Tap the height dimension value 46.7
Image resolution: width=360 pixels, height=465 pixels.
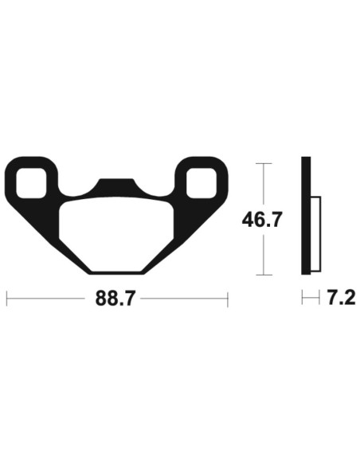(x=262, y=219)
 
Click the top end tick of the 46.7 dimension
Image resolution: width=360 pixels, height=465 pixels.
(x=262, y=163)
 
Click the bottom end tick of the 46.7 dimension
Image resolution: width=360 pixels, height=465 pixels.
(x=262, y=275)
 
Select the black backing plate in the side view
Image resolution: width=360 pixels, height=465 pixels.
(x=305, y=219)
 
